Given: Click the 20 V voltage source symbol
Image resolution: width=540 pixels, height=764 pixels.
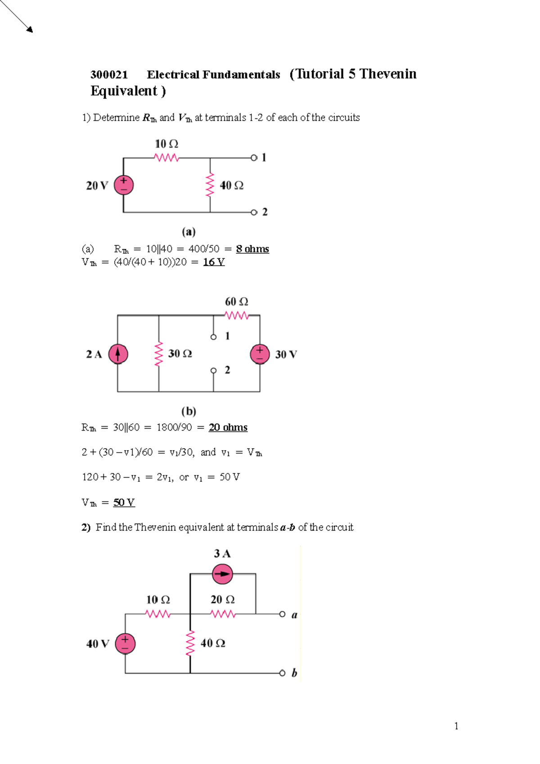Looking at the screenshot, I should (124, 185).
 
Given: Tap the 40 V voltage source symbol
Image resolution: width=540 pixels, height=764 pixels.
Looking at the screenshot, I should (125, 643).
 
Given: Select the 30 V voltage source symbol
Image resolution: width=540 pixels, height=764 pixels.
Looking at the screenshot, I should (260, 354).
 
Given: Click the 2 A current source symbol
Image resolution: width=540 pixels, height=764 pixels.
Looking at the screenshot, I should (118, 354).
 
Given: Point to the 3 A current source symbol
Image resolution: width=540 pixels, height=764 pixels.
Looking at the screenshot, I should (222, 574).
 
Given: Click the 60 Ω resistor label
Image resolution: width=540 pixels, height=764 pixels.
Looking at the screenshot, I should (236, 301).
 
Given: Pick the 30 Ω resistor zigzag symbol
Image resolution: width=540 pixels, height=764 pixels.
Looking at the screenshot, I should (158, 354).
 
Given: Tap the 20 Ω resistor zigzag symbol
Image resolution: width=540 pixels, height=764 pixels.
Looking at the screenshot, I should (223, 614).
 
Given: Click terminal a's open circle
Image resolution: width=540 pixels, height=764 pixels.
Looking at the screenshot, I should (282, 614).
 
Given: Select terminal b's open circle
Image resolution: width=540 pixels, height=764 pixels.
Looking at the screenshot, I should (282, 673).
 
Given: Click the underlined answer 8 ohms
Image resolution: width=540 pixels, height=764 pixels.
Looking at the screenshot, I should (252, 249).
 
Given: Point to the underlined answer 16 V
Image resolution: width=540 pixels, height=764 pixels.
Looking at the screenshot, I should (214, 262).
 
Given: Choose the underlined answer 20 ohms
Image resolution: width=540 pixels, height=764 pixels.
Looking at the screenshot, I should (228, 427).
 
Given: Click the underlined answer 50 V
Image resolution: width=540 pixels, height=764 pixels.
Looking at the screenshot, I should (124, 502).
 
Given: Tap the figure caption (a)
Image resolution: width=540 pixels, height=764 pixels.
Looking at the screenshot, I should (189, 232).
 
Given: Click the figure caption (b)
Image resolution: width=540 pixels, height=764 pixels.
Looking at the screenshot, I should (189, 411).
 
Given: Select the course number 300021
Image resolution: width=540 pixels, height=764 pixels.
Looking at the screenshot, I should (109, 75).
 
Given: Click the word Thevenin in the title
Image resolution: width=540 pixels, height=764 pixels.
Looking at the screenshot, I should (388, 74).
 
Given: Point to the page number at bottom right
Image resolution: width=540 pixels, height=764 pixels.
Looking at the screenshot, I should (456, 726).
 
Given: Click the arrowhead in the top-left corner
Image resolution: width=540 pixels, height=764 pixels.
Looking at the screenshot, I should (30, 30).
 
